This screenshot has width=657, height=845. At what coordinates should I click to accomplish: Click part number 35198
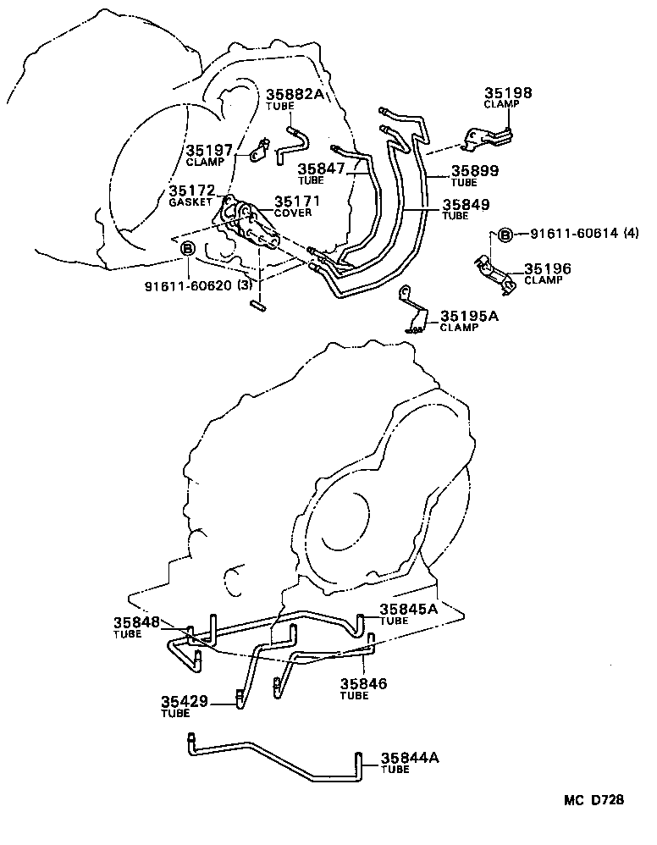[508, 93]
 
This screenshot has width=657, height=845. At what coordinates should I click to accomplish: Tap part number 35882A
[295, 95]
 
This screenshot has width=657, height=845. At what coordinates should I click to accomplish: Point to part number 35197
[209, 151]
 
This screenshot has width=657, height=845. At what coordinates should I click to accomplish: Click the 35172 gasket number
[191, 191]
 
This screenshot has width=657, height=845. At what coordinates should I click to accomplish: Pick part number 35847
[321, 168]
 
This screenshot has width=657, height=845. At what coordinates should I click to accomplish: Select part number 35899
[475, 170]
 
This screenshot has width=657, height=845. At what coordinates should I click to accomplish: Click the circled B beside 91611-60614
[505, 235]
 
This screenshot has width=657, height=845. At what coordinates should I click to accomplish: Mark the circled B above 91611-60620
[188, 247]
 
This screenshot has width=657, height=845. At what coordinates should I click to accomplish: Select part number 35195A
[469, 316]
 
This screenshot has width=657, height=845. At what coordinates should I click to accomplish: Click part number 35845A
[408, 609]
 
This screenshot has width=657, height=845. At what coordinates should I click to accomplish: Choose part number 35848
[136, 622]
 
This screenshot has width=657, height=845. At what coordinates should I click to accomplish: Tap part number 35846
[364, 683]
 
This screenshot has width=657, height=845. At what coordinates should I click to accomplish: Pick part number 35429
[184, 701]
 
